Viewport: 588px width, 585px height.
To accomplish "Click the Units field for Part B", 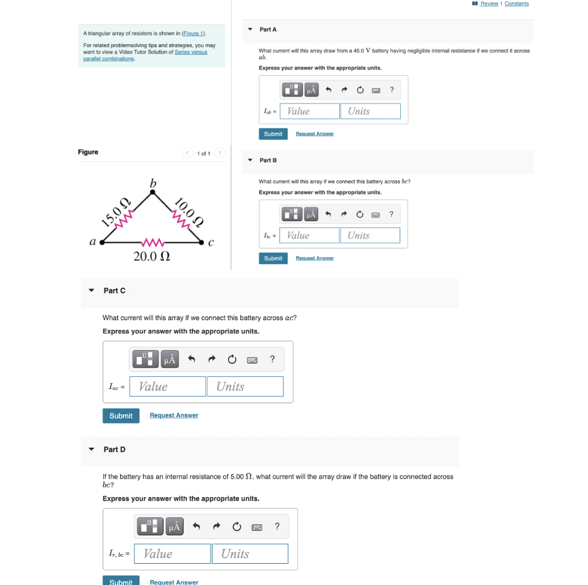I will click(370, 236).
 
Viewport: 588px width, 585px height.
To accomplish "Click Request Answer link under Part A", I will click(314, 134).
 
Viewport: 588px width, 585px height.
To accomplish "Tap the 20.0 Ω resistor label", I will click(152, 257).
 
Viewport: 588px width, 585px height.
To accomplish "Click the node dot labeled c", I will click(202, 243).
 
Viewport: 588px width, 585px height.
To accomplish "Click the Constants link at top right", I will click(516, 3).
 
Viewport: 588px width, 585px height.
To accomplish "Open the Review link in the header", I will click(489, 3).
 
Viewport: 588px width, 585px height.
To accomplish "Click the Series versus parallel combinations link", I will click(145, 55).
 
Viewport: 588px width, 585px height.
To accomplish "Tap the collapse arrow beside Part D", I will click(91, 449).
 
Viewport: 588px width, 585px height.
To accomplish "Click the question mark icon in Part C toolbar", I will click(272, 360).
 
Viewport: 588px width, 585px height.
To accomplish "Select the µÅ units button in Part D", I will click(174, 526).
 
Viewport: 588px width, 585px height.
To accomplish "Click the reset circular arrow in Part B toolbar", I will click(359, 214).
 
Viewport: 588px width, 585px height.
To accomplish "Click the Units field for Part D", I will click(250, 553).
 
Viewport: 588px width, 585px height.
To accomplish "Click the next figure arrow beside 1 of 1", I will click(220, 153).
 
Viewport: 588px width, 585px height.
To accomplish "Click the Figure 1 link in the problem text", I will click(194, 34).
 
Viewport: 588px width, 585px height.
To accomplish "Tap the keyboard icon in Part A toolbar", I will click(376, 90).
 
